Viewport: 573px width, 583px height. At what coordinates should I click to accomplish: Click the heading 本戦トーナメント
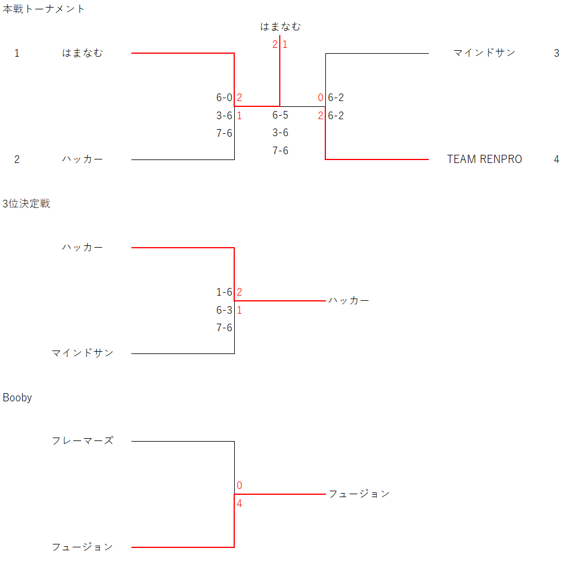pyautogui.click(x=43, y=9)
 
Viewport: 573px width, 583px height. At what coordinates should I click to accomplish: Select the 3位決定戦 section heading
pyautogui.click(x=26, y=204)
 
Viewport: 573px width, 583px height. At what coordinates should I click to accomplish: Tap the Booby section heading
pyautogui.click(x=17, y=398)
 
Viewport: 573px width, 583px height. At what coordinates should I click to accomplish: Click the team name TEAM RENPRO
pyautogui.click(x=484, y=159)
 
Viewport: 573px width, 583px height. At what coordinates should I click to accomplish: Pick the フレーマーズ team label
pyautogui.click(x=82, y=440)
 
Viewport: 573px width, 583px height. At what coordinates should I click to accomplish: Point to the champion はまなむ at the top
pyautogui.click(x=280, y=26)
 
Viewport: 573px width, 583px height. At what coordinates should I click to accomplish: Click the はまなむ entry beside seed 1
pyautogui.click(x=82, y=53)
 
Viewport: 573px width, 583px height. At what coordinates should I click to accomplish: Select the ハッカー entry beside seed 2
pyautogui.click(x=82, y=159)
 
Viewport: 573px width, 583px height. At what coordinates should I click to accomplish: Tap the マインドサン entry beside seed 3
pyautogui.click(x=484, y=53)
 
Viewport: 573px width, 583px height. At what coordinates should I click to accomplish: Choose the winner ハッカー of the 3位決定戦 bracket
pyautogui.click(x=349, y=301)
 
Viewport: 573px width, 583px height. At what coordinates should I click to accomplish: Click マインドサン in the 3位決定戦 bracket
pyautogui.click(x=82, y=353)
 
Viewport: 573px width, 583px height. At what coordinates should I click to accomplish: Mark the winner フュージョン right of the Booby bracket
pyautogui.click(x=359, y=494)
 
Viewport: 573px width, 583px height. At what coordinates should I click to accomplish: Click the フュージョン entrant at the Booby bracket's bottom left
pyautogui.click(x=82, y=547)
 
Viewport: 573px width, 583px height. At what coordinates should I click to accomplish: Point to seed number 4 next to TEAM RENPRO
pyautogui.click(x=556, y=159)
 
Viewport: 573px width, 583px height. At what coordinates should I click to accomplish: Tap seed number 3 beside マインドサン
pyautogui.click(x=556, y=53)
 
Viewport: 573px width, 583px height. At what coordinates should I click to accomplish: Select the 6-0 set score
pyautogui.click(x=224, y=98)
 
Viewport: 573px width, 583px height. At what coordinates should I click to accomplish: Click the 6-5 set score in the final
pyautogui.click(x=280, y=115)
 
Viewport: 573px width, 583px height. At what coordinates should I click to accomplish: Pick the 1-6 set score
pyautogui.click(x=224, y=292)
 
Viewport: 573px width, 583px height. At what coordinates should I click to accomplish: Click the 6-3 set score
pyautogui.click(x=224, y=310)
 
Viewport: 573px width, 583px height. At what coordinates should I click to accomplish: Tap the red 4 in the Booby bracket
pyautogui.click(x=239, y=504)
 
